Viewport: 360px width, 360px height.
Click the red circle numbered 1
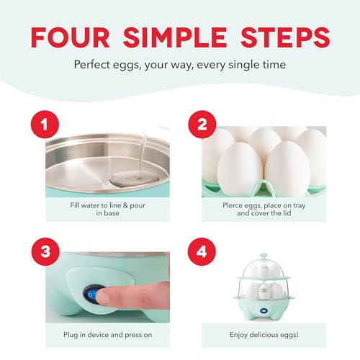click(45, 125)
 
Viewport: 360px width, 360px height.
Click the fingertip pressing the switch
click(108, 294)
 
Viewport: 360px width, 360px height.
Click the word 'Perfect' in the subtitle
click(94, 64)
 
